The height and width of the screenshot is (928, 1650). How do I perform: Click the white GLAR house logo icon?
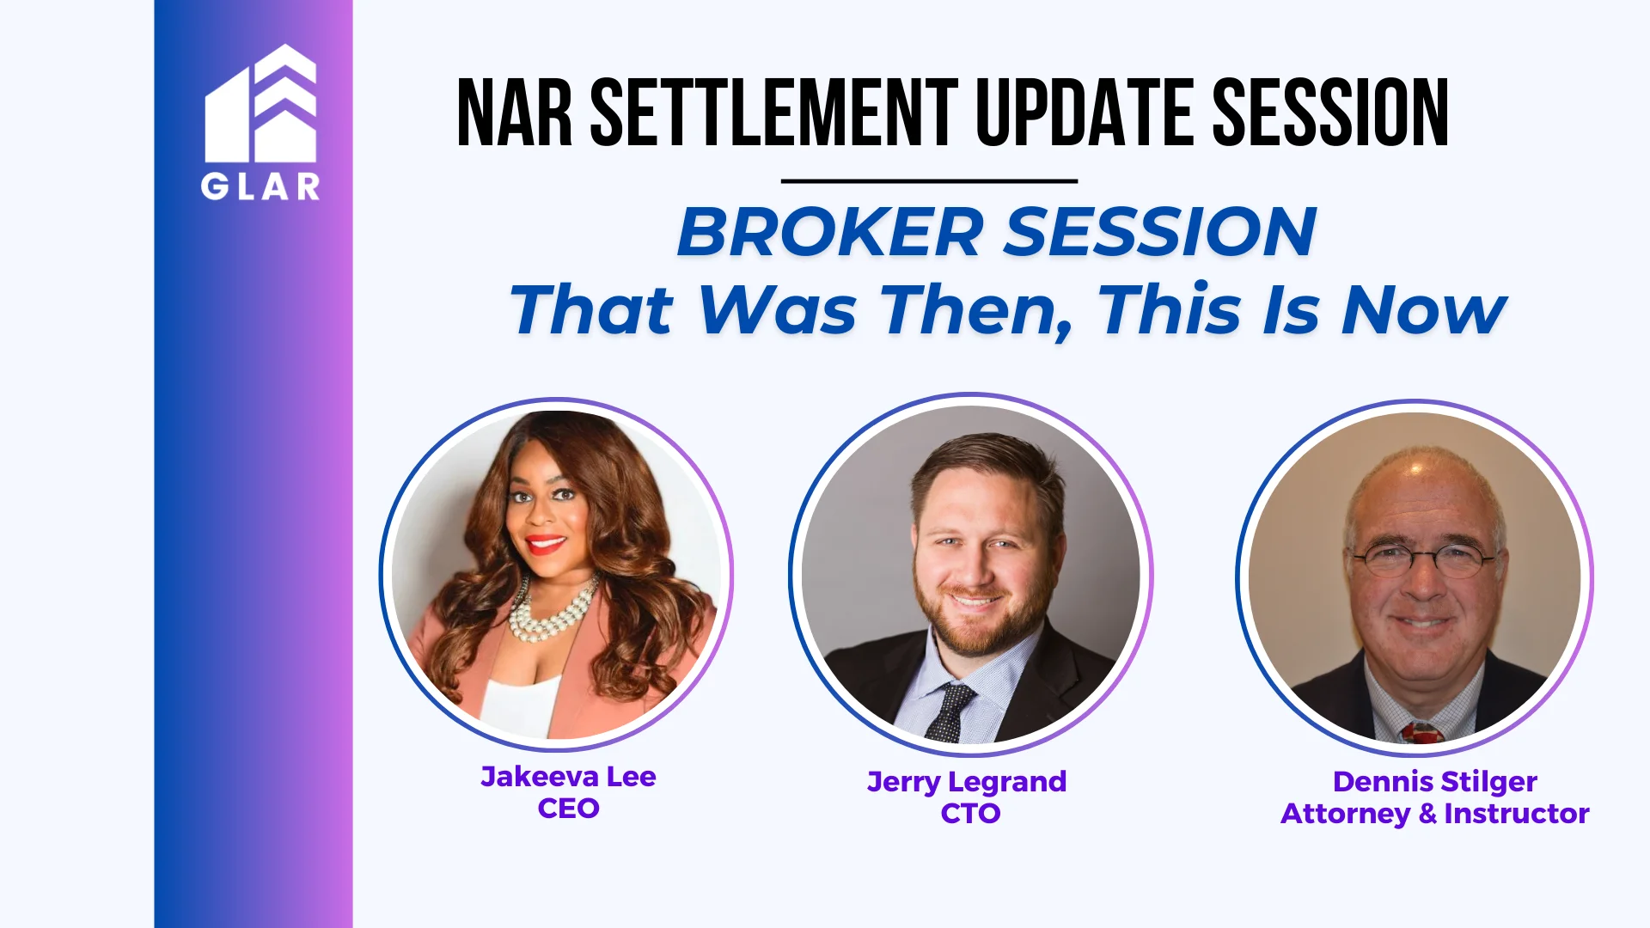[x=260, y=104]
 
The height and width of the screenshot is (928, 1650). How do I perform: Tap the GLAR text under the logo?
[x=260, y=186]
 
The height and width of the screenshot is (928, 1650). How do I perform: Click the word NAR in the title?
[x=514, y=114]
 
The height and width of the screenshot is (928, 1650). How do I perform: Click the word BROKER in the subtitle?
[x=829, y=232]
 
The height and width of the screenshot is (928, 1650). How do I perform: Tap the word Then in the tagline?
[x=977, y=309]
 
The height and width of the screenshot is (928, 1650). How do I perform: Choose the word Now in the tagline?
[x=1423, y=309]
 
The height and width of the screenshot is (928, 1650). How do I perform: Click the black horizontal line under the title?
[x=929, y=181]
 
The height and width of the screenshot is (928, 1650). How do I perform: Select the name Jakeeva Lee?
[x=568, y=777]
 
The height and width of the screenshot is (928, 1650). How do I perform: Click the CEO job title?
[x=568, y=809]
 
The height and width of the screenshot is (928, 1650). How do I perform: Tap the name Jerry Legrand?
[x=967, y=782]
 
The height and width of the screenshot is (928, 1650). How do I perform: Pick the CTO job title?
[x=970, y=814]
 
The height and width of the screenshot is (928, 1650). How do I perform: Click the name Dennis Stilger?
[x=1434, y=782]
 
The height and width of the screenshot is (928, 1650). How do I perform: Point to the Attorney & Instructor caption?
[x=1434, y=814]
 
